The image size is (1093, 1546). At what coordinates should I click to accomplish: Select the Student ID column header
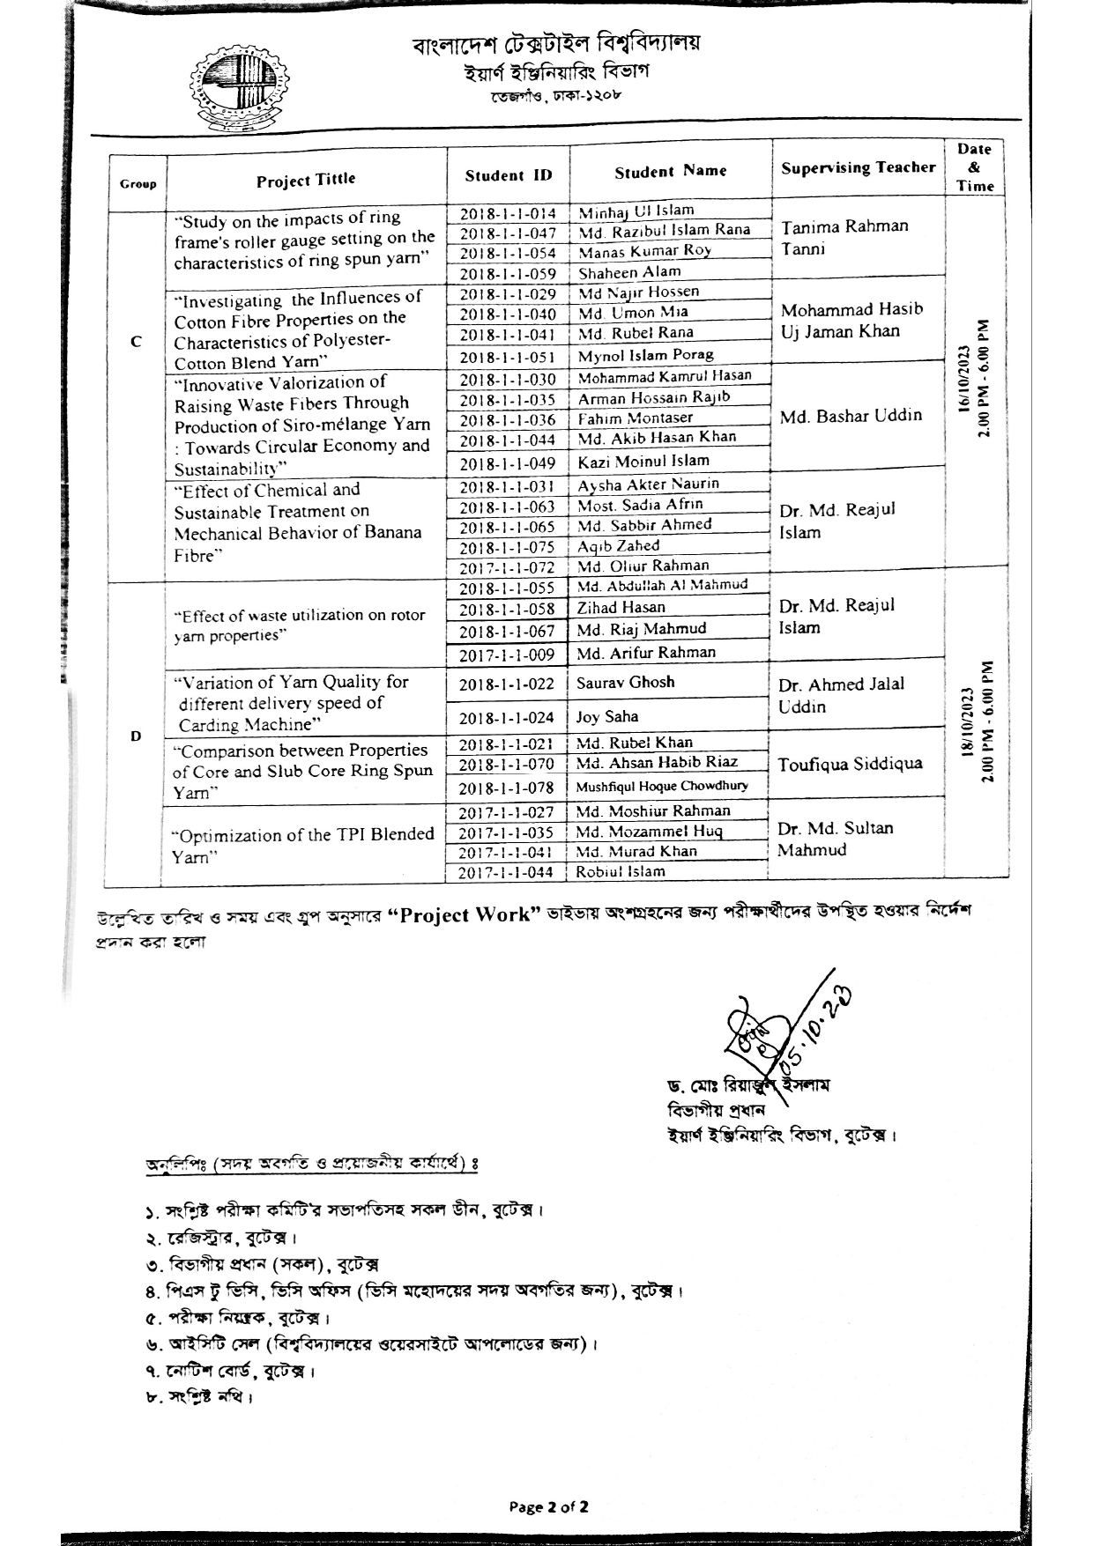(509, 175)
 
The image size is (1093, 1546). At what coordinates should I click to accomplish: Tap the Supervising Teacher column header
(858, 167)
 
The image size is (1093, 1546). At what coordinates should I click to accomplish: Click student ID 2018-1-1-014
(508, 213)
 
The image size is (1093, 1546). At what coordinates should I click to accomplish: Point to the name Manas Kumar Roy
(644, 251)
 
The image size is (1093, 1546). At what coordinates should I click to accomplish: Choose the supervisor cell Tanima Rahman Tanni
(844, 237)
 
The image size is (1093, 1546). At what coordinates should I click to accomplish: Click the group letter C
(137, 342)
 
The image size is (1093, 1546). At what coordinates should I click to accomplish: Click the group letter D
(135, 736)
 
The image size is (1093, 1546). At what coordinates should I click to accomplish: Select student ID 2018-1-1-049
(508, 464)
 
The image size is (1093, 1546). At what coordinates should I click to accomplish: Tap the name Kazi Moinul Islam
(643, 461)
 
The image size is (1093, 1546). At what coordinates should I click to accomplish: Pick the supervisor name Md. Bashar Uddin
(851, 416)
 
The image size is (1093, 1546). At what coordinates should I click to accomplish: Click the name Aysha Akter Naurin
(648, 485)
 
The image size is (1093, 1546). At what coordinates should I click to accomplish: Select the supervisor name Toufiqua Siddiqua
(850, 765)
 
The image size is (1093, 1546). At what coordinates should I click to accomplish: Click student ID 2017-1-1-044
(507, 873)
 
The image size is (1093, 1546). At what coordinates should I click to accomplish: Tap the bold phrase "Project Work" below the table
(465, 914)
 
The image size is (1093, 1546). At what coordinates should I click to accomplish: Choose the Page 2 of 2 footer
(548, 1506)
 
